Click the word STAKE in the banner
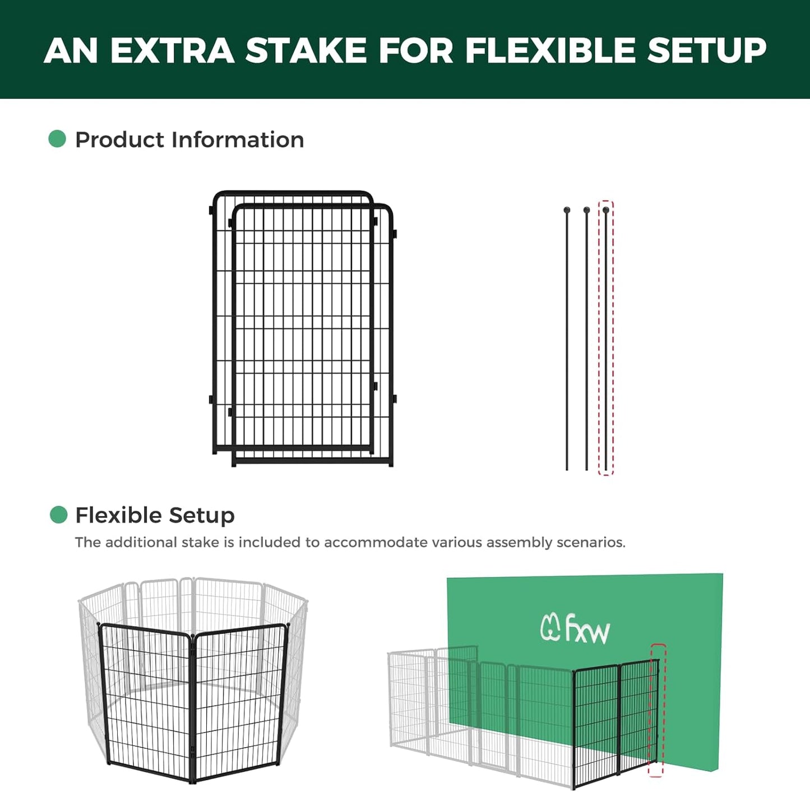pos(306,50)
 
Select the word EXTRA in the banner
pos(172,50)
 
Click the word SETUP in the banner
pos(707,50)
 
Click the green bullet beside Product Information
pos(57,139)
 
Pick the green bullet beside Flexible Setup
pos(58,515)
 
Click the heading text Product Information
pos(189,140)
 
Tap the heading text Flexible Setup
pos(155,515)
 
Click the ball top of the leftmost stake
pos(567,211)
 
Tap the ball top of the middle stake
pos(586,211)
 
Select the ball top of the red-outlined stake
pos(606,211)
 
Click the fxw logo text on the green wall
pos(587,629)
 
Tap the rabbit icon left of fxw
pos(550,627)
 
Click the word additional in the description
pos(142,543)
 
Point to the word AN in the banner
pos(71,50)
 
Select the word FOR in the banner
pos(416,50)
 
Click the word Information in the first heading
pos(238,140)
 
